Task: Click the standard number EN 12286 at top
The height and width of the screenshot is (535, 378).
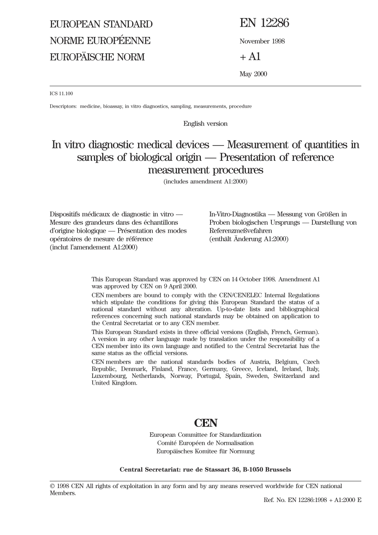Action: coord(264,23)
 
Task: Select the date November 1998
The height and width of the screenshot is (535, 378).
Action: coord(262,41)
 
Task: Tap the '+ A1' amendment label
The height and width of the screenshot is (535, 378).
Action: coord(250,57)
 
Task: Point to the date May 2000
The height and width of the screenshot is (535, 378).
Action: coord(253,74)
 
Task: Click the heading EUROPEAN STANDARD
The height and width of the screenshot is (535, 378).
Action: coord(101,24)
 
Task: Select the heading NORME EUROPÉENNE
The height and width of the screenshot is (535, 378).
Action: coord(100,41)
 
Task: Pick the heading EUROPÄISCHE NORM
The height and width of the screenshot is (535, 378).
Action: coord(97,57)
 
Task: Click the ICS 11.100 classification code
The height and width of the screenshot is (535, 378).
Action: coord(61,94)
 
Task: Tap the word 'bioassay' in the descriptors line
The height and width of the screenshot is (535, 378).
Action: coord(113,107)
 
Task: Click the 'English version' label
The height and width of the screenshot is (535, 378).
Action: coord(205,124)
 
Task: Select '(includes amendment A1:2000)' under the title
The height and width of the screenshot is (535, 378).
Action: coord(205,182)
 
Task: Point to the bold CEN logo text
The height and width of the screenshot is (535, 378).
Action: coord(205,423)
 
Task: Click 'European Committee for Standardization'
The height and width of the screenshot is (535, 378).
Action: coord(205,435)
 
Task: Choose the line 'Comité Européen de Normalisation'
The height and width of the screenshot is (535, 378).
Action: coord(205,443)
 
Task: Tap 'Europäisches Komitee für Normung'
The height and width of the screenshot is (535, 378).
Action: coord(205,451)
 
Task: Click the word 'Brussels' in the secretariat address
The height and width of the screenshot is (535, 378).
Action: coord(278,470)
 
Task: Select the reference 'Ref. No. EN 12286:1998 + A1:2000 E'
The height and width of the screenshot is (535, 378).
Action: coord(312,500)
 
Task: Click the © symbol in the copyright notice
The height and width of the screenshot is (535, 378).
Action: coord(52,486)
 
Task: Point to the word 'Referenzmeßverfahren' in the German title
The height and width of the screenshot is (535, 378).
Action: coord(241,231)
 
